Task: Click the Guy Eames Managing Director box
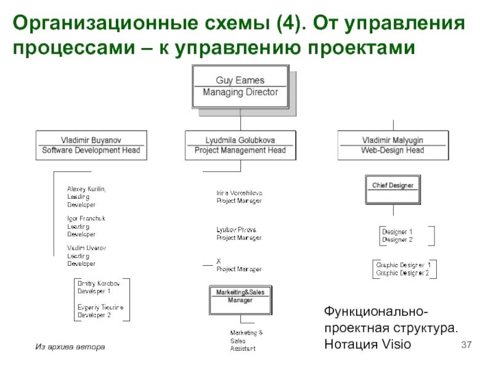pyautogui.click(x=240, y=86)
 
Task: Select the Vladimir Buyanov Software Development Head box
pyautogui.click(x=91, y=145)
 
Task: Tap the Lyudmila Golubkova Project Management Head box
pyautogui.click(x=240, y=145)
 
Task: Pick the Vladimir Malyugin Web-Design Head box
pyautogui.click(x=393, y=145)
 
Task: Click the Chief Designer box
pyautogui.click(x=393, y=185)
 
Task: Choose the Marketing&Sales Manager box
pyautogui.click(x=240, y=297)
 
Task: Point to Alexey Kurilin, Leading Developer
pyautogui.click(x=86, y=196)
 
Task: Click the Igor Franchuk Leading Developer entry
pyautogui.click(x=86, y=226)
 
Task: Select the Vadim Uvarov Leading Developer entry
pyautogui.click(x=86, y=255)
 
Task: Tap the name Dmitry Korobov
pyautogui.click(x=99, y=283)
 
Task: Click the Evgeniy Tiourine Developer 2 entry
pyautogui.click(x=100, y=311)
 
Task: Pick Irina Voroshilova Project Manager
pyautogui.click(x=239, y=197)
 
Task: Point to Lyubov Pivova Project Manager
pyautogui.click(x=239, y=234)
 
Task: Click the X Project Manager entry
pyautogui.click(x=239, y=265)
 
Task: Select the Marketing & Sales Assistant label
pyautogui.click(x=246, y=340)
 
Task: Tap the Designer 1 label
pyautogui.click(x=397, y=232)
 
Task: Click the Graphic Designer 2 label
pyautogui.click(x=403, y=273)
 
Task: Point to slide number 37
pyautogui.click(x=466, y=343)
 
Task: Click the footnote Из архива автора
pyautogui.click(x=70, y=347)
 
